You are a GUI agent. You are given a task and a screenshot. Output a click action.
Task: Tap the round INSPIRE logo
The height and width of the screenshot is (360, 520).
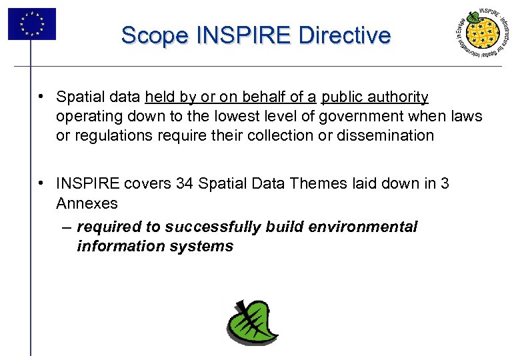[482, 35]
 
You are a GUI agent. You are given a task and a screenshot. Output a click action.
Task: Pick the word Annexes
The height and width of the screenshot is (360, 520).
[87, 203]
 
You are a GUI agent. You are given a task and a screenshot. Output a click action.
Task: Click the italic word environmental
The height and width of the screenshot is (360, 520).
[369, 227]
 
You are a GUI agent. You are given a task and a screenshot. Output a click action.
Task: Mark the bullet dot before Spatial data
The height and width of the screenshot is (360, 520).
[41, 97]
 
